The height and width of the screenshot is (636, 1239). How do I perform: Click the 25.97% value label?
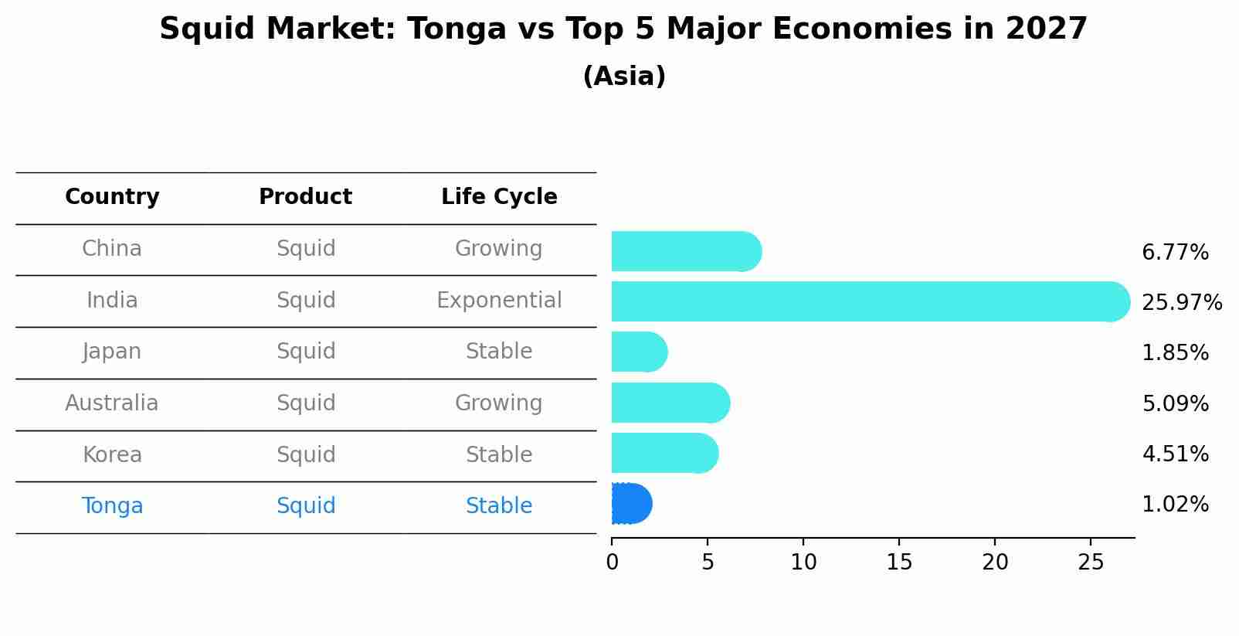click(1181, 302)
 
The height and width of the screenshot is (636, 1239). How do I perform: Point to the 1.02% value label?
click(1175, 505)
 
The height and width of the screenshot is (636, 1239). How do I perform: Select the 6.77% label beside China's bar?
click(1175, 252)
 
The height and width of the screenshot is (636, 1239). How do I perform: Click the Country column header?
click(112, 197)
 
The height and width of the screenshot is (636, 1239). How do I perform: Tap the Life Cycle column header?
click(499, 197)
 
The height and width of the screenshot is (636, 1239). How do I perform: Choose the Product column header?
click(305, 197)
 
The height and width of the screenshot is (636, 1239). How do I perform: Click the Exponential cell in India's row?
click(499, 300)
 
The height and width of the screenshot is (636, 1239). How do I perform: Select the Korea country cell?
click(112, 454)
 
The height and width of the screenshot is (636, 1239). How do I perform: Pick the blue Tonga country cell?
click(112, 506)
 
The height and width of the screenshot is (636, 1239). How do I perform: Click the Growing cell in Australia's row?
click(499, 403)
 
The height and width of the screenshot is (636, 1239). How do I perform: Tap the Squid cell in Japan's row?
click(306, 352)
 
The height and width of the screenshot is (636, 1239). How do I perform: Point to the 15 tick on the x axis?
click(899, 563)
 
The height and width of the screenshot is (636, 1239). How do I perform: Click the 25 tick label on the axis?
click(1091, 563)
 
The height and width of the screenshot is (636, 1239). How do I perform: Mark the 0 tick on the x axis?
click(612, 563)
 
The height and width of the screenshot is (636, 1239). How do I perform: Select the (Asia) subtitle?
click(624, 77)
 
